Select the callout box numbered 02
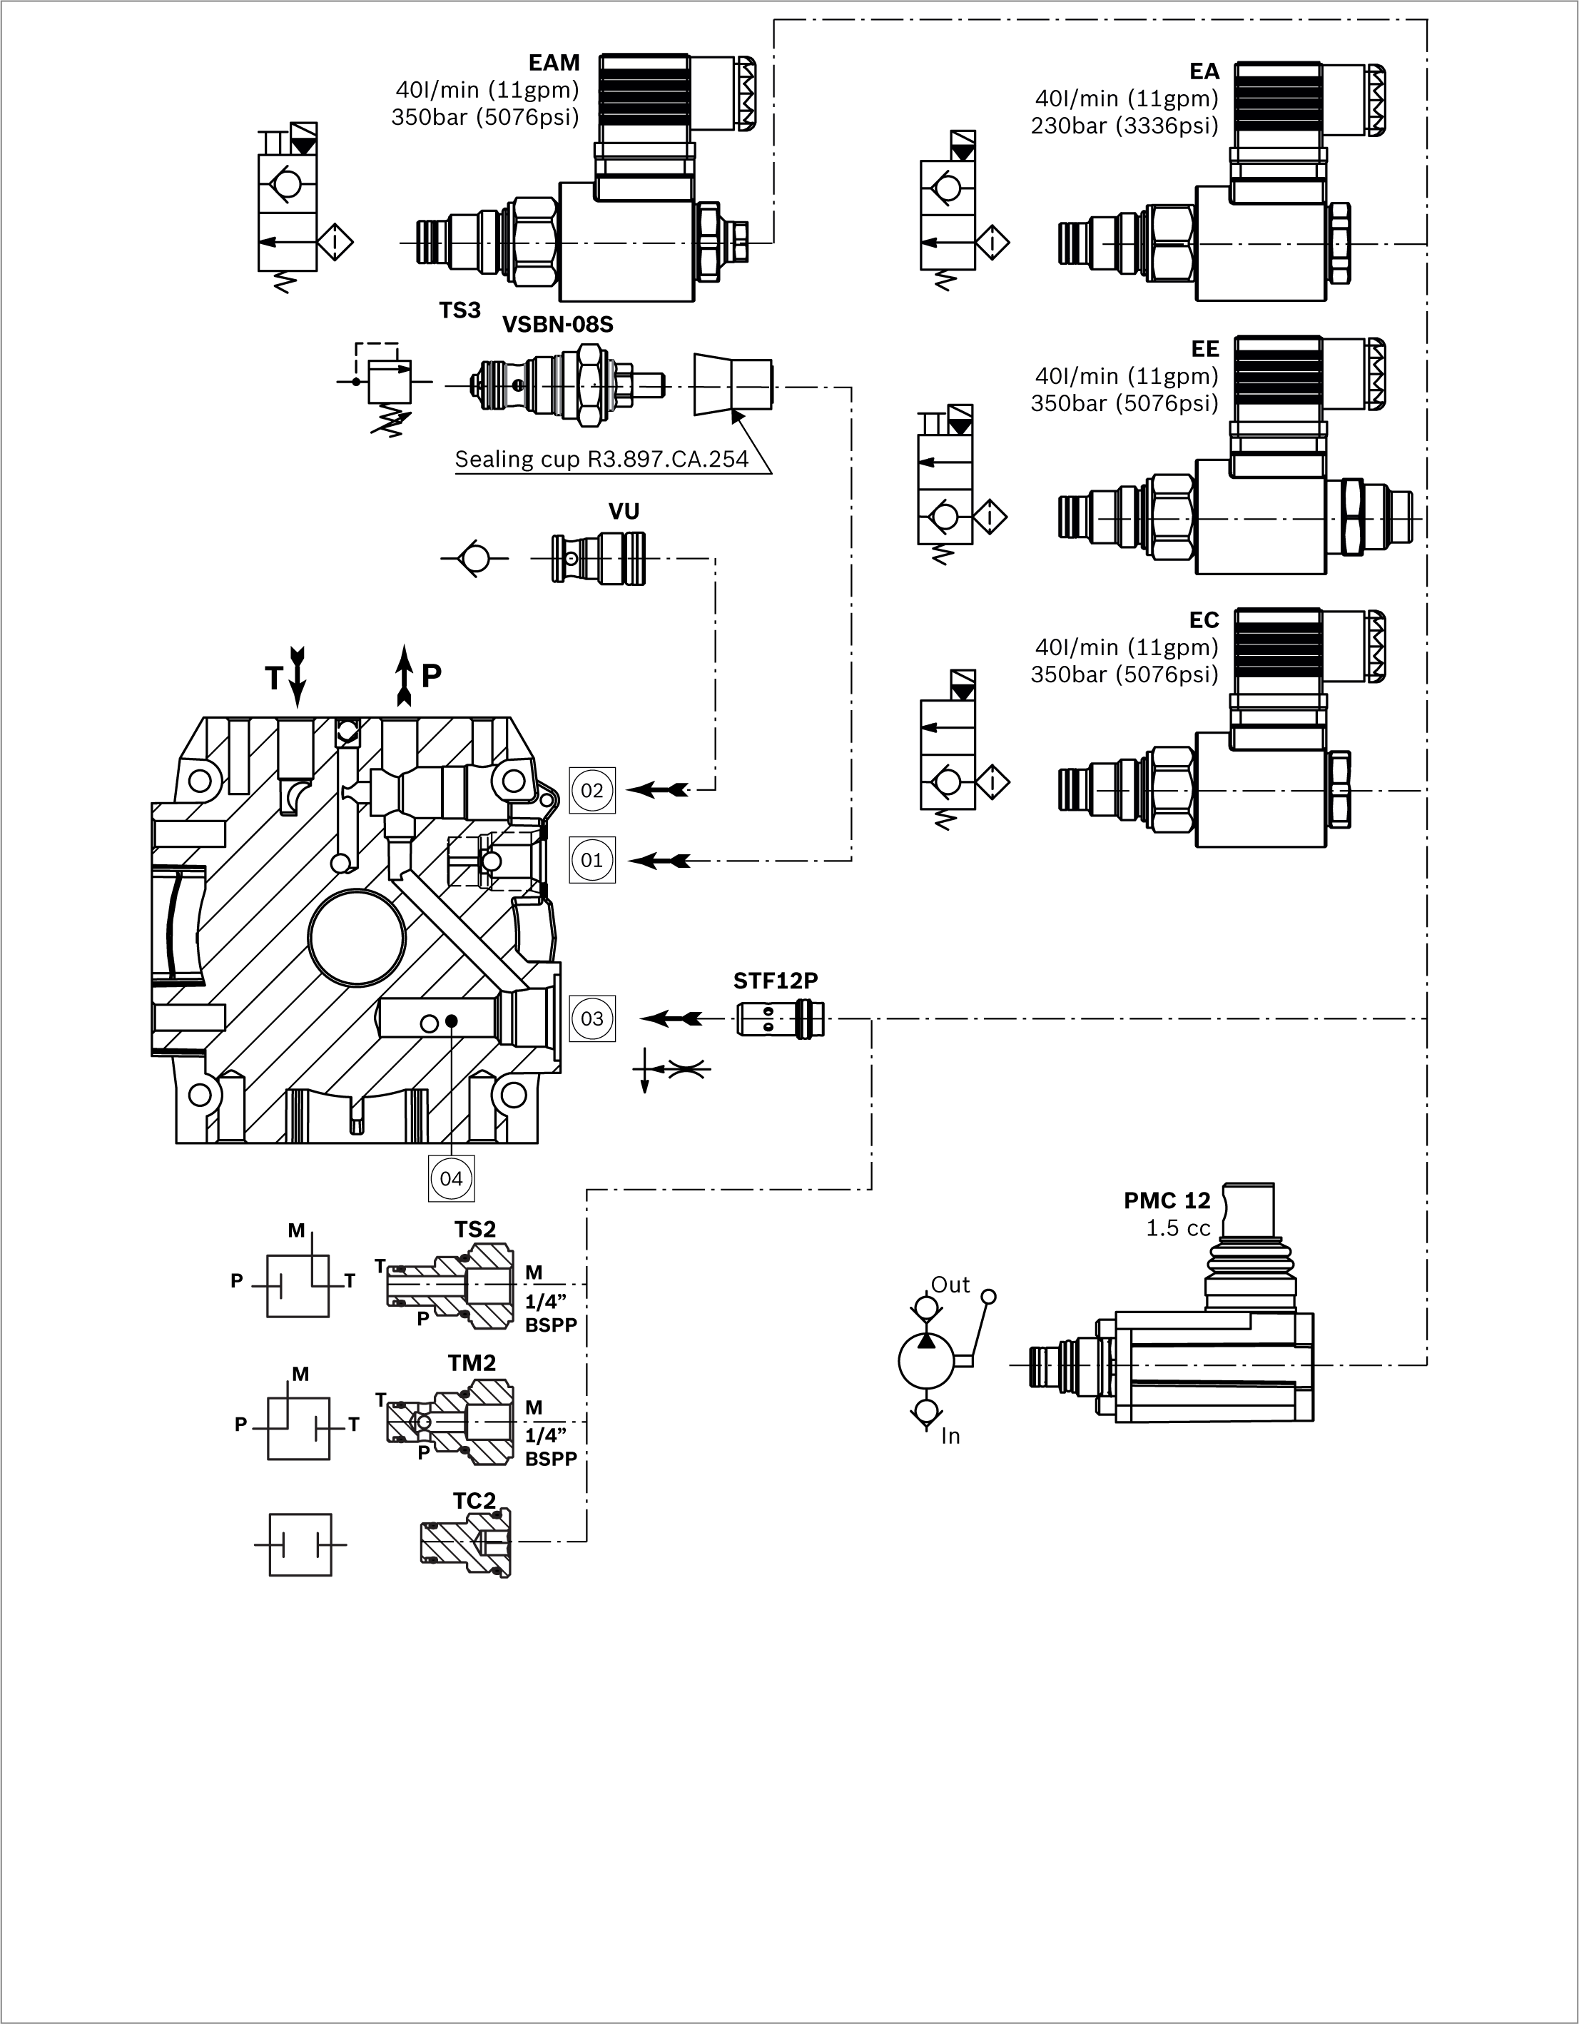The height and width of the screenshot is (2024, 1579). (592, 791)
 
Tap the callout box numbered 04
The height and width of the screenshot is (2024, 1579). (451, 1179)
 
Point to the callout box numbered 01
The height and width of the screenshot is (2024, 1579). (592, 860)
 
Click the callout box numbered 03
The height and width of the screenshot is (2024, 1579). (592, 1018)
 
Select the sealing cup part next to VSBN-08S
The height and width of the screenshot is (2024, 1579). (732, 385)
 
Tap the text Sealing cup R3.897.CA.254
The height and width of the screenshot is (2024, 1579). (601, 460)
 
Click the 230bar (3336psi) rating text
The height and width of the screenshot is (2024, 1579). (1124, 126)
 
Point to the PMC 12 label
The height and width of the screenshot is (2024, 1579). (1167, 1201)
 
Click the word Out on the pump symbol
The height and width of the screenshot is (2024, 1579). (950, 1285)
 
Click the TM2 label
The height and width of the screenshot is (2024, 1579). (472, 1363)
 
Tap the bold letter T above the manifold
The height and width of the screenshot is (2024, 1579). (273, 679)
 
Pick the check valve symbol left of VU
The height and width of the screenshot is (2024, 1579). (474, 559)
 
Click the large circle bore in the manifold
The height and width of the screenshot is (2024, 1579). (357, 938)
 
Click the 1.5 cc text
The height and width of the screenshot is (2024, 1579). (1178, 1229)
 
